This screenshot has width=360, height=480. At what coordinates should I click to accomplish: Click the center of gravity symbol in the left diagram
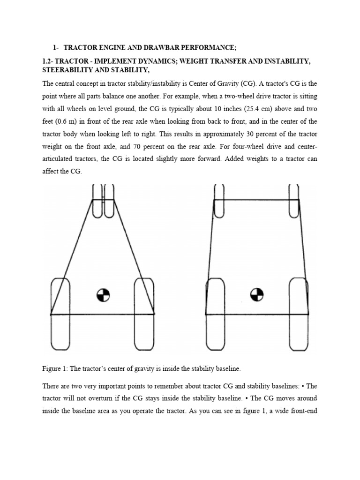pos(103,295)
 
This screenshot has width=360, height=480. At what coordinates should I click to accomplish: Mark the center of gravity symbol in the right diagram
pos(257,295)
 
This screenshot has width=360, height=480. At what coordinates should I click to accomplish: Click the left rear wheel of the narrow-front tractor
pos(60,314)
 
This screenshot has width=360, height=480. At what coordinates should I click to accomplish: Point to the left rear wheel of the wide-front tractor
pos(216,314)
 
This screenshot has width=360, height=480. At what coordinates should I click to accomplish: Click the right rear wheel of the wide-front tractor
pos(299,314)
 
